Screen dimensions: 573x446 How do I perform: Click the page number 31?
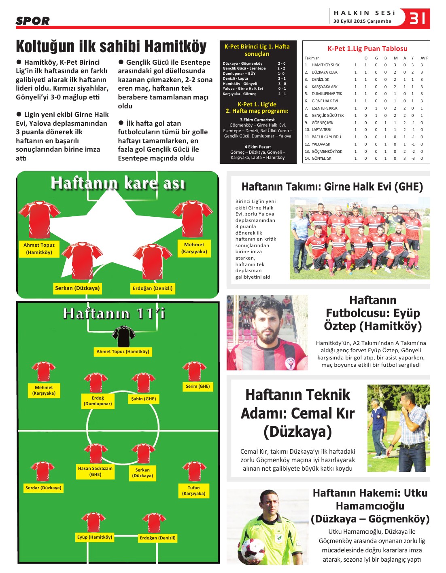pos(417,18)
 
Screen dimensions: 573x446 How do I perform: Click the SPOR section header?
pos(32,21)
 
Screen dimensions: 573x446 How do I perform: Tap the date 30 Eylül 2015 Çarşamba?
pos(362,21)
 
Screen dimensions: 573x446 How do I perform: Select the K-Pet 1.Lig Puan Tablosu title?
pos(367,49)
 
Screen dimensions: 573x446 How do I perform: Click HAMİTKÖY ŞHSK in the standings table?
pos(325,65)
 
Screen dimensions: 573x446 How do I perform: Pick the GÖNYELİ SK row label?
pos(321,159)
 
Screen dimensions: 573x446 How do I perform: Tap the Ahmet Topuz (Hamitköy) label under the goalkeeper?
pos(123,352)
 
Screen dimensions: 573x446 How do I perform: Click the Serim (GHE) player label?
pos(198,387)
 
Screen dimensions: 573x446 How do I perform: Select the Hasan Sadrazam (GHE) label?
pos(95,472)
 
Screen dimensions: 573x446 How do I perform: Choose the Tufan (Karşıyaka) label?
pos(193,491)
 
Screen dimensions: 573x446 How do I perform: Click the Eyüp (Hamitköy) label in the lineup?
pos(94,537)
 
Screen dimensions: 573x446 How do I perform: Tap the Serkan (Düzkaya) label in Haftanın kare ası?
pos(77,288)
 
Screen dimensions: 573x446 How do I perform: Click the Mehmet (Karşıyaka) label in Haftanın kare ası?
pos(194,248)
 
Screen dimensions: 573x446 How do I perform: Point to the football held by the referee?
pos(253,550)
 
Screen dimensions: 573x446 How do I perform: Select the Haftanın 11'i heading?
pos(114,314)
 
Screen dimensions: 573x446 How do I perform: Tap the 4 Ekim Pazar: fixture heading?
pos(257,147)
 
